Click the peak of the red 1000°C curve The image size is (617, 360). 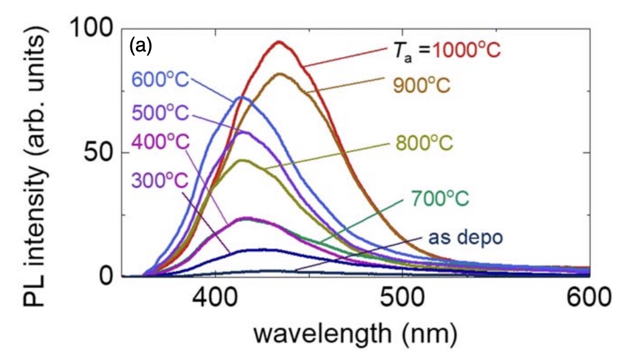279,42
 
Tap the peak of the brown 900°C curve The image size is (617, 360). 280,74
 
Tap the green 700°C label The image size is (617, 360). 439,200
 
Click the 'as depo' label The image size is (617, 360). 464,237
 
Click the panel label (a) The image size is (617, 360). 140,45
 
